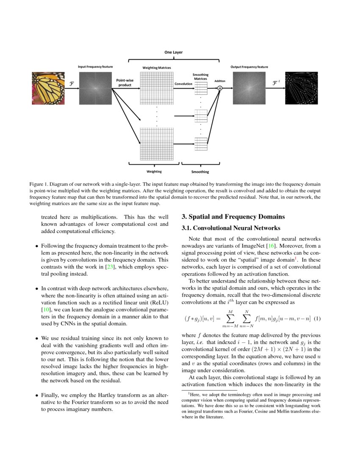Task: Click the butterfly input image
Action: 47,88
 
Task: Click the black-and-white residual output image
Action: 301,88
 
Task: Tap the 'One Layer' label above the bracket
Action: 174,52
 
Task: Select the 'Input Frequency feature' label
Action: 95,67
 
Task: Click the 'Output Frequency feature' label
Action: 249,67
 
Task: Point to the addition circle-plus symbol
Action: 220,88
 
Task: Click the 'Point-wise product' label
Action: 125,82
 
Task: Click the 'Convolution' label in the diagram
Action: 183,84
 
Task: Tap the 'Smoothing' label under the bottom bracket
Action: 200,172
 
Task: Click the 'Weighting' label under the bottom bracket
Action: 154,172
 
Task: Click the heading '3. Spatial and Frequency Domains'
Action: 233,217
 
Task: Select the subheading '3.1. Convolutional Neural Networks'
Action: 231,228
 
